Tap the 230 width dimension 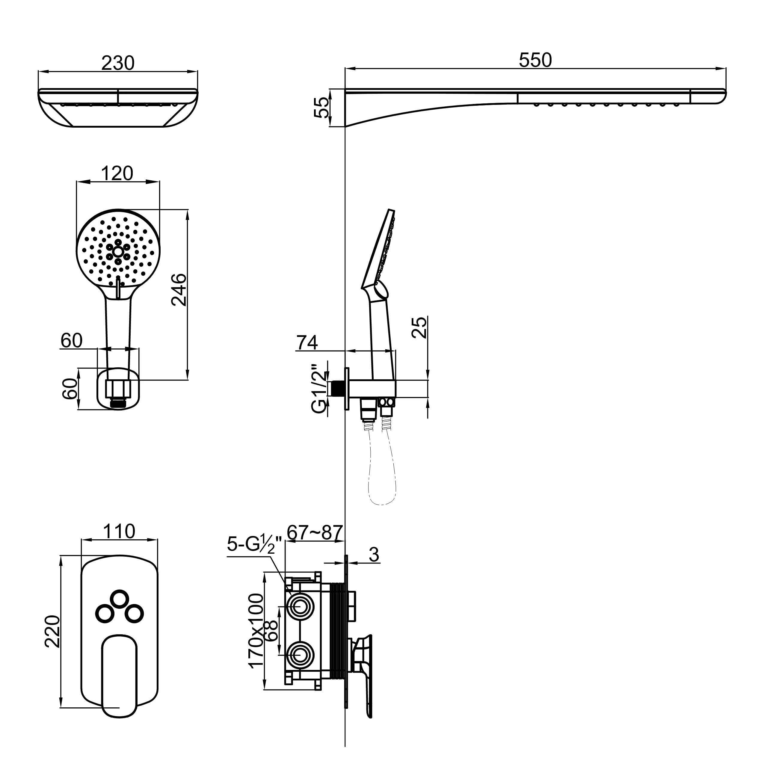pos(118,63)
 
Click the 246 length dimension pos(179,290)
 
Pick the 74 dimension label pos(307,342)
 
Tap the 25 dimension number pos(419,327)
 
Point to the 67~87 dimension pos(315,532)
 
